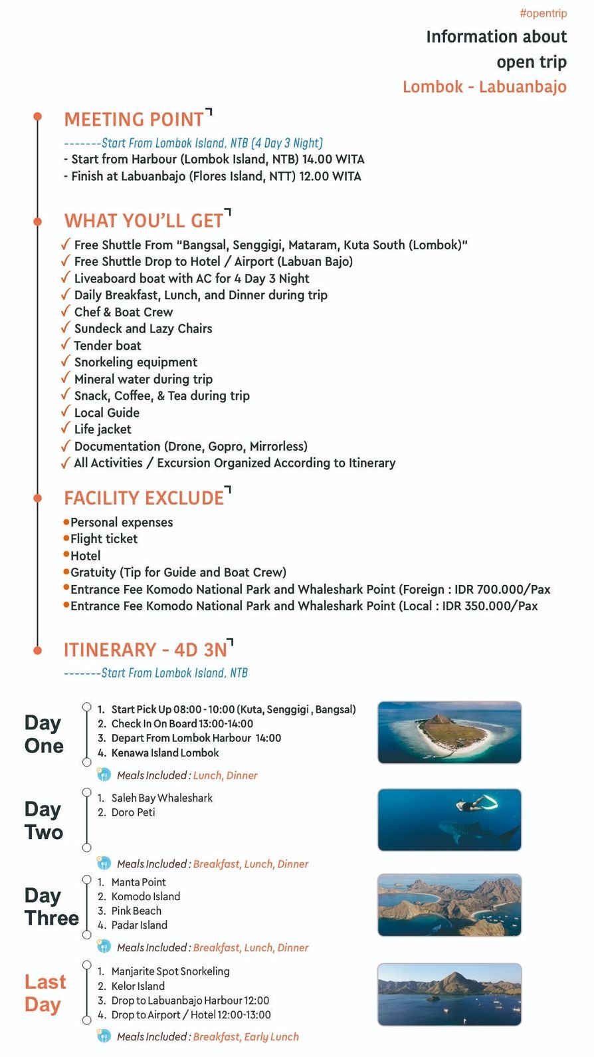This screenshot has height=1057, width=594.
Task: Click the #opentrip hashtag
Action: pyautogui.click(x=543, y=13)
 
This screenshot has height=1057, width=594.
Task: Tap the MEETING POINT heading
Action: pyautogui.click(x=134, y=120)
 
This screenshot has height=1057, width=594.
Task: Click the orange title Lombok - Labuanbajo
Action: pyautogui.click(x=484, y=87)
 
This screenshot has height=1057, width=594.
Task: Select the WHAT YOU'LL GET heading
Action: pyautogui.click(x=144, y=221)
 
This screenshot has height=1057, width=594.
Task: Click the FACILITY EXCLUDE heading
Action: pyautogui.click(x=144, y=498)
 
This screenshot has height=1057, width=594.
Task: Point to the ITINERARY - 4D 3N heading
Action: pyautogui.click(x=146, y=649)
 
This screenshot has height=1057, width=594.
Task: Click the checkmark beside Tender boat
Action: pyautogui.click(x=65, y=344)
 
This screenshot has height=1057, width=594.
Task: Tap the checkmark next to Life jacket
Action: pyautogui.click(x=65, y=428)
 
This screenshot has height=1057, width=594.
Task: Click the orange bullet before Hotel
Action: pyautogui.click(x=66, y=554)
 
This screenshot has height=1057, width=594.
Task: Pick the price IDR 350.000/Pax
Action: pyautogui.click(x=490, y=606)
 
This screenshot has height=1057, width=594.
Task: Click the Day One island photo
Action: pyautogui.click(x=449, y=732)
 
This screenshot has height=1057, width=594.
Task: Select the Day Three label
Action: pyautogui.click(x=51, y=907)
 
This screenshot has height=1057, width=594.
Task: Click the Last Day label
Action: pyautogui.click(x=45, y=993)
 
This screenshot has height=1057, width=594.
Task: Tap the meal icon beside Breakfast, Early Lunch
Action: pyautogui.click(x=104, y=1036)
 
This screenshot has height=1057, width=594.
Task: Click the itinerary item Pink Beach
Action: pyautogui.click(x=136, y=911)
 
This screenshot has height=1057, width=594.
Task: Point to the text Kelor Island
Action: pyautogui.click(x=138, y=986)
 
